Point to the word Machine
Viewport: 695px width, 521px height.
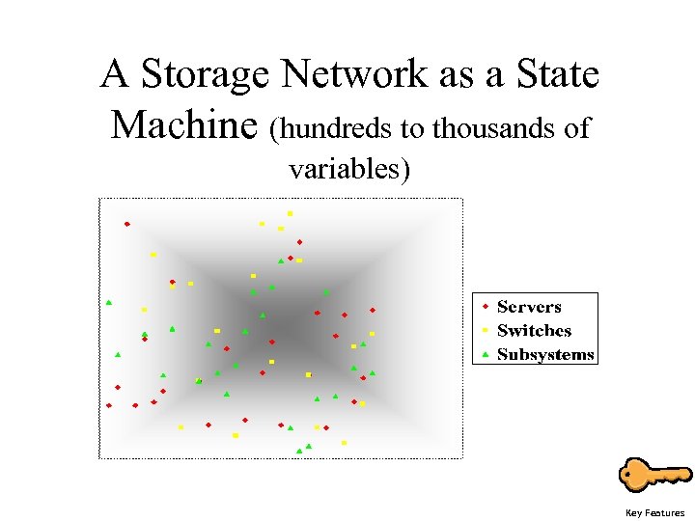click(183, 125)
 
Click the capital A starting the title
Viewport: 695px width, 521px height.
click(116, 74)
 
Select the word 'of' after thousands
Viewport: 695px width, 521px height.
click(577, 128)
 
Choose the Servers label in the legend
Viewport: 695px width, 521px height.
click(529, 307)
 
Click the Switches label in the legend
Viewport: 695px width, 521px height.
click(534, 330)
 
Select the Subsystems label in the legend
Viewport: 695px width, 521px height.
click(545, 354)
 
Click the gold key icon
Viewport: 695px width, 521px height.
click(653, 476)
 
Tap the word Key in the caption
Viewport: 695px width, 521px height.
click(633, 513)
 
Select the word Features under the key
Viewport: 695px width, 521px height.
click(665, 513)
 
